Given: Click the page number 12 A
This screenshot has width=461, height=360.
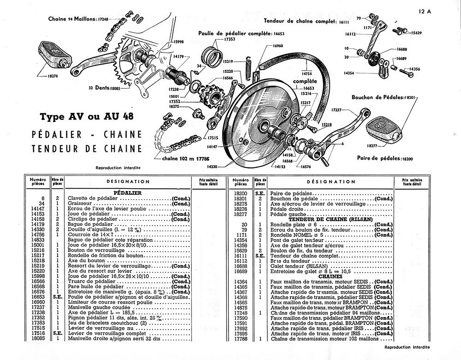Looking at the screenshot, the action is [425, 12].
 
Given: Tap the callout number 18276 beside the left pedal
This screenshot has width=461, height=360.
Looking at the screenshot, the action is [53, 76].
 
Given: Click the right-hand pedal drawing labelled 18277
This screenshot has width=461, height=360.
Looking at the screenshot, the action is [384, 131].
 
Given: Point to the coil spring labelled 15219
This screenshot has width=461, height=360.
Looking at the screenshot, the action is [248, 68].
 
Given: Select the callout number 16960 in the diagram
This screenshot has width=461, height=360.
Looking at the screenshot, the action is [278, 46].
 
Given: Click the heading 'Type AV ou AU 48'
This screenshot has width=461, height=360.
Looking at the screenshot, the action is [87, 116].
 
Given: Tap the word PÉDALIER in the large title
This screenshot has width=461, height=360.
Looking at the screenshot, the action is [57, 135].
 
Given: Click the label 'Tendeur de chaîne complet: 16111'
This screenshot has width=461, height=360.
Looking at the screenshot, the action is [306, 21].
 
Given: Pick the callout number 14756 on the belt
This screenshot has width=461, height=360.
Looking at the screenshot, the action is [307, 74].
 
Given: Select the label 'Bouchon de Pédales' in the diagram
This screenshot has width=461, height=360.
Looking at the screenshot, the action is [377, 97].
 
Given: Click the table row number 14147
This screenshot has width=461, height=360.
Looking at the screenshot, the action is [38, 209].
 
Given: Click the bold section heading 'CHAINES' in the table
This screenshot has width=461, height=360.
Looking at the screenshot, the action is [330, 276].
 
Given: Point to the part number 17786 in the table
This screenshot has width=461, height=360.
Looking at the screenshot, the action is [241, 339].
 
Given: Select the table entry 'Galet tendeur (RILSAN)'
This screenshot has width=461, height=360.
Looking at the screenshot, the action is [299, 266].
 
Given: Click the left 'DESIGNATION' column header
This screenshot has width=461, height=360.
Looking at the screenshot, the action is [128, 182].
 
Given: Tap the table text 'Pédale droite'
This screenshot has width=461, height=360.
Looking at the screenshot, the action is [287, 209].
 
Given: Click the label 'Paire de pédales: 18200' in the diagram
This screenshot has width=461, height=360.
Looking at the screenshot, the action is [385, 158].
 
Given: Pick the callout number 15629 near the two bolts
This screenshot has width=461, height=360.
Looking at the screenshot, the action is [416, 33].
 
